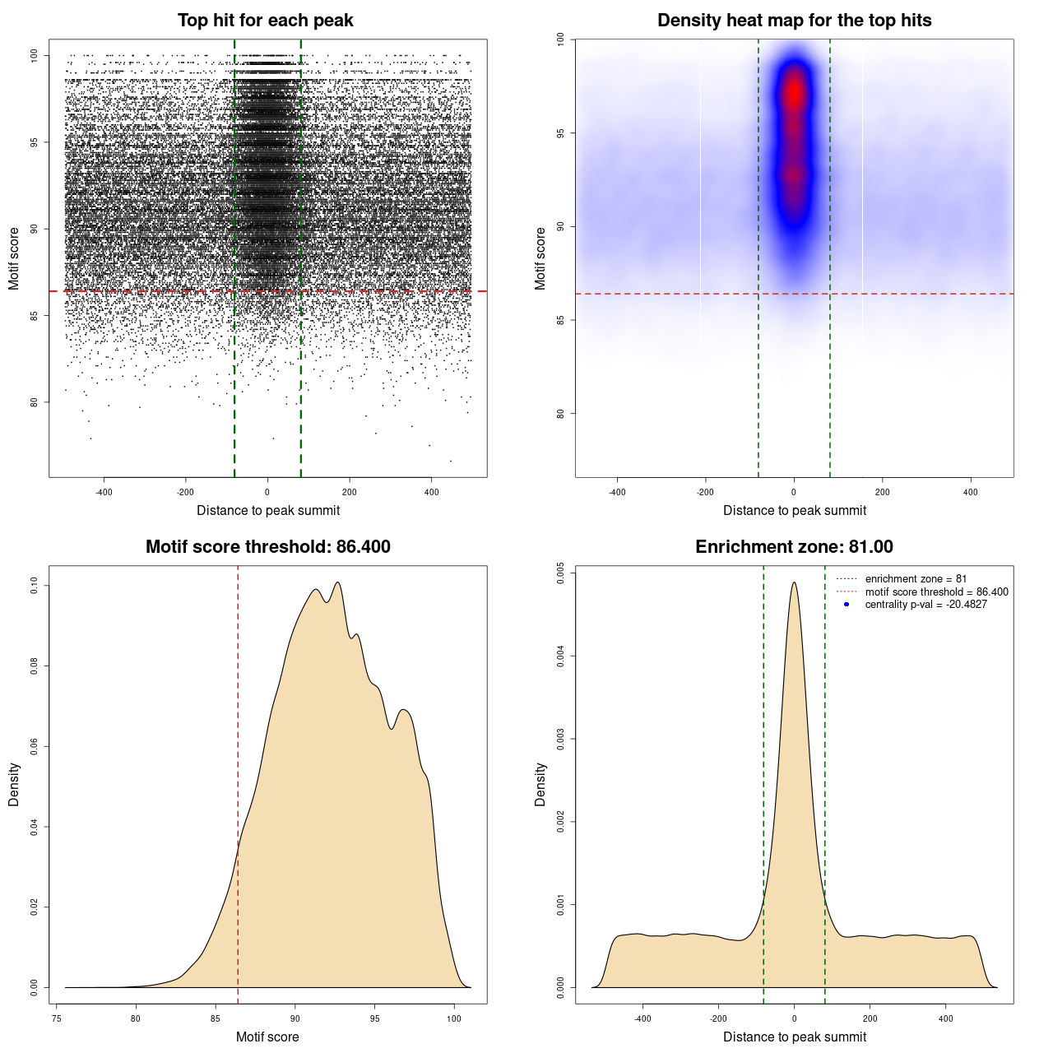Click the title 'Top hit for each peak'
point(265,21)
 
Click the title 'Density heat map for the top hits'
point(794,21)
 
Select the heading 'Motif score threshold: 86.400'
point(267,547)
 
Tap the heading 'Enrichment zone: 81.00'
point(794,547)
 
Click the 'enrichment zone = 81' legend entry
point(916,579)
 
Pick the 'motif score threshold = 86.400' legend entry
point(936,591)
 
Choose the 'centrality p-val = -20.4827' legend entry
point(925,605)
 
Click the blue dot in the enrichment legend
point(847,605)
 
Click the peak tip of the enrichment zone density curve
point(794,583)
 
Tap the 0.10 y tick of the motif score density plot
point(35,585)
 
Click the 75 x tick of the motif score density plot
point(56,1018)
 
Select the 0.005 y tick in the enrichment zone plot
point(561,573)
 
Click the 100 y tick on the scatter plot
point(35,55)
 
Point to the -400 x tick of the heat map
point(617,492)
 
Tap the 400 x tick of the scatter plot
point(432,492)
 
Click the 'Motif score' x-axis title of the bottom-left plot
point(267,1037)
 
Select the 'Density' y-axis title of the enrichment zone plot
point(540,784)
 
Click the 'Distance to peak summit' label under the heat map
point(794,510)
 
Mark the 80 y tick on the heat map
point(561,413)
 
